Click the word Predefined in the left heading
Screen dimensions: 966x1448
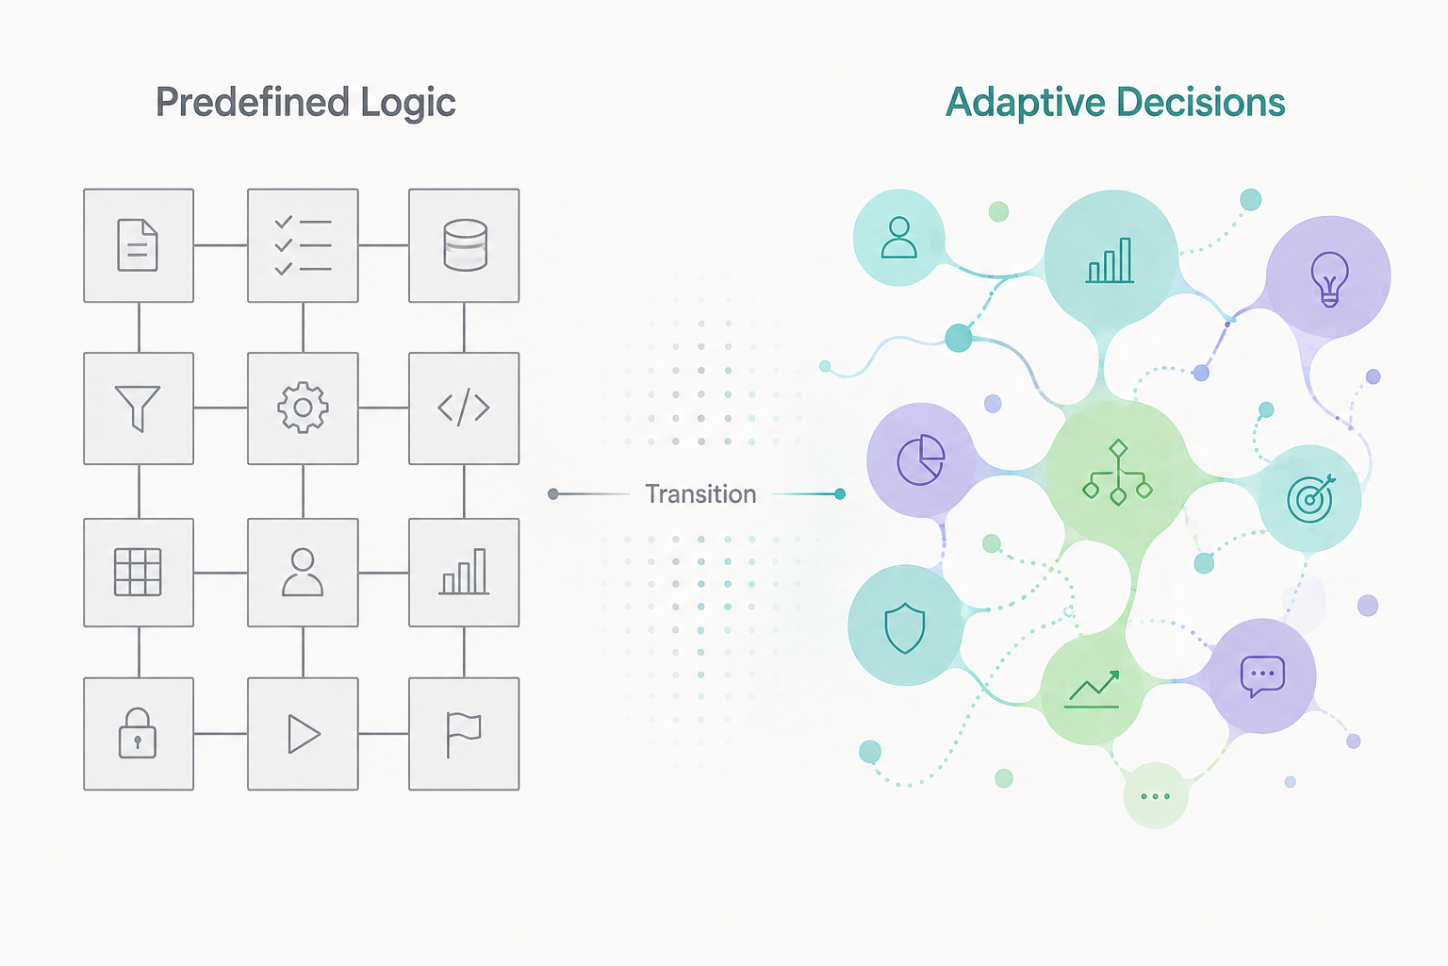239,102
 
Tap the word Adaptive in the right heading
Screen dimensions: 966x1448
1025,102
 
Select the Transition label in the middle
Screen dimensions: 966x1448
700,494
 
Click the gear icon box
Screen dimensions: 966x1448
303,408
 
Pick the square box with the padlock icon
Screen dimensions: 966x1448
139,733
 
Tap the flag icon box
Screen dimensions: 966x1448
464,733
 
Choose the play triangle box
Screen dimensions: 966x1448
303,733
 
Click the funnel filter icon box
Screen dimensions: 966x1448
139,408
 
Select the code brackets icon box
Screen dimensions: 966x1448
464,408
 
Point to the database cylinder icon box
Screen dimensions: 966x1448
464,245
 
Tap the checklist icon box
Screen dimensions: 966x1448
303,245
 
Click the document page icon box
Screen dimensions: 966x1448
139,245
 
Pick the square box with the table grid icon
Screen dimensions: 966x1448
139,572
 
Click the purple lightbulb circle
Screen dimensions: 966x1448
1328,277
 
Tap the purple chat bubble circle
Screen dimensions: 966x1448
1262,675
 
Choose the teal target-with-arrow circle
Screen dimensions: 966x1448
1310,498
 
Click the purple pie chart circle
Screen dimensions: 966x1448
920,460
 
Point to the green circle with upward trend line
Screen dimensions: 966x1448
1093,691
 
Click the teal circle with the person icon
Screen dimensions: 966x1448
898,238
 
